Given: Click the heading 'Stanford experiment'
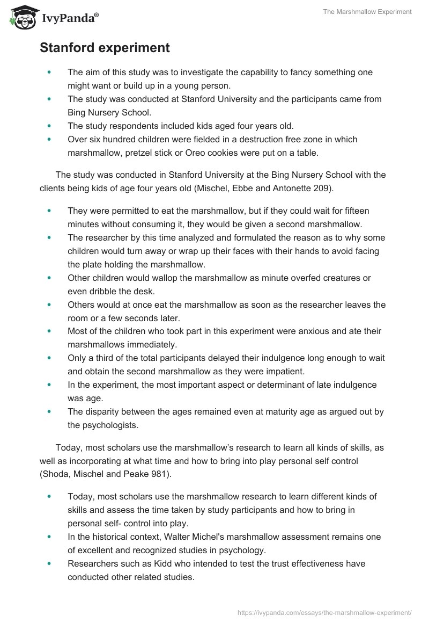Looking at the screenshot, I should [105, 48].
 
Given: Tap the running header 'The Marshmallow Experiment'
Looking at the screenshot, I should [367, 11].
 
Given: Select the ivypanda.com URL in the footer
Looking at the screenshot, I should [323, 612].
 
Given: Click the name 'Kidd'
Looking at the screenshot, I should [134, 563].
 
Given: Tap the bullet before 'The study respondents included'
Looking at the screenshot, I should [50, 126].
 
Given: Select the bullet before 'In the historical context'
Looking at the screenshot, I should [50, 537].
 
